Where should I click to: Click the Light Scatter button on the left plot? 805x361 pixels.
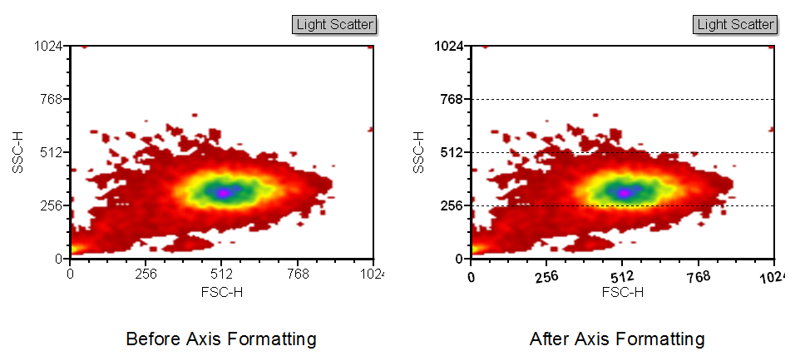(x=335, y=25)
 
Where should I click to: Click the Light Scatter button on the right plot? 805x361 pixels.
(x=736, y=25)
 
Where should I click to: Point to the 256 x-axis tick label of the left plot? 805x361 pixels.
(x=146, y=274)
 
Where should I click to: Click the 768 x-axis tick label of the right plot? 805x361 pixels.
(x=699, y=277)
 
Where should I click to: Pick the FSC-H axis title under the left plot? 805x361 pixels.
(x=221, y=291)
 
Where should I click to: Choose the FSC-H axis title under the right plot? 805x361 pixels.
(x=622, y=292)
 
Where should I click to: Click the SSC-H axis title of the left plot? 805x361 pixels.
(x=18, y=151)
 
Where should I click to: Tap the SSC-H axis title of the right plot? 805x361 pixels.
(x=419, y=151)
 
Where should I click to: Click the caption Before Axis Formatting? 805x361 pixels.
(x=221, y=339)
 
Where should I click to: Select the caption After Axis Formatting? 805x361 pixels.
(x=617, y=339)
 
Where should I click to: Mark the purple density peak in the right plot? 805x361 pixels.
(x=623, y=192)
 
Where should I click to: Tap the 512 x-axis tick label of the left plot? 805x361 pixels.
(x=221, y=274)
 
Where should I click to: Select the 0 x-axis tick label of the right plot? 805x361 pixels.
(x=472, y=277)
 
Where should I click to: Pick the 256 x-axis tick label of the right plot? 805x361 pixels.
(x=546, y=277)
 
